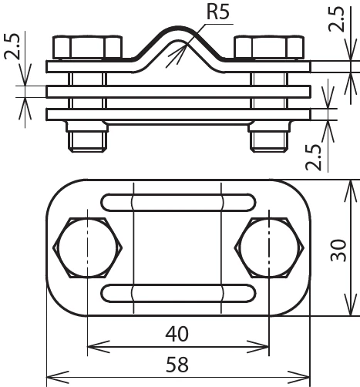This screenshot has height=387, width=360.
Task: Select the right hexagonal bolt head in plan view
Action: pyautogui.click(x=267, y=248)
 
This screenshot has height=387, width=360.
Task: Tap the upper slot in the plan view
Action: pyautogui.click(x=177, y=203)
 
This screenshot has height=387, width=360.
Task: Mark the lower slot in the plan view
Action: pyautogui.click(x=177, y=293)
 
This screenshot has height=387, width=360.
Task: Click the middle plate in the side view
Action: pyautogui.click(x=178, y=91)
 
